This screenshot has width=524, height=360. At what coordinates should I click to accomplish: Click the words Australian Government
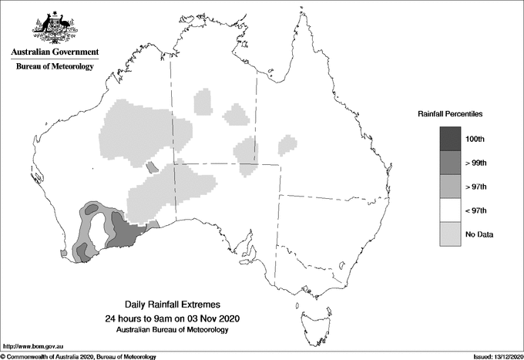(54, 52)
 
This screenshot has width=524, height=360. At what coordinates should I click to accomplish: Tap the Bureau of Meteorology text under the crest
(54, 67)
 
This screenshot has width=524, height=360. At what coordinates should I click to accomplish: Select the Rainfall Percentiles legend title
(450, 114)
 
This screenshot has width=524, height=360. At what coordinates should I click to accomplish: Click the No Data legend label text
(479, 234)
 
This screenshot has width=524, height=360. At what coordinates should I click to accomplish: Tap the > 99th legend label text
(475, 163)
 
